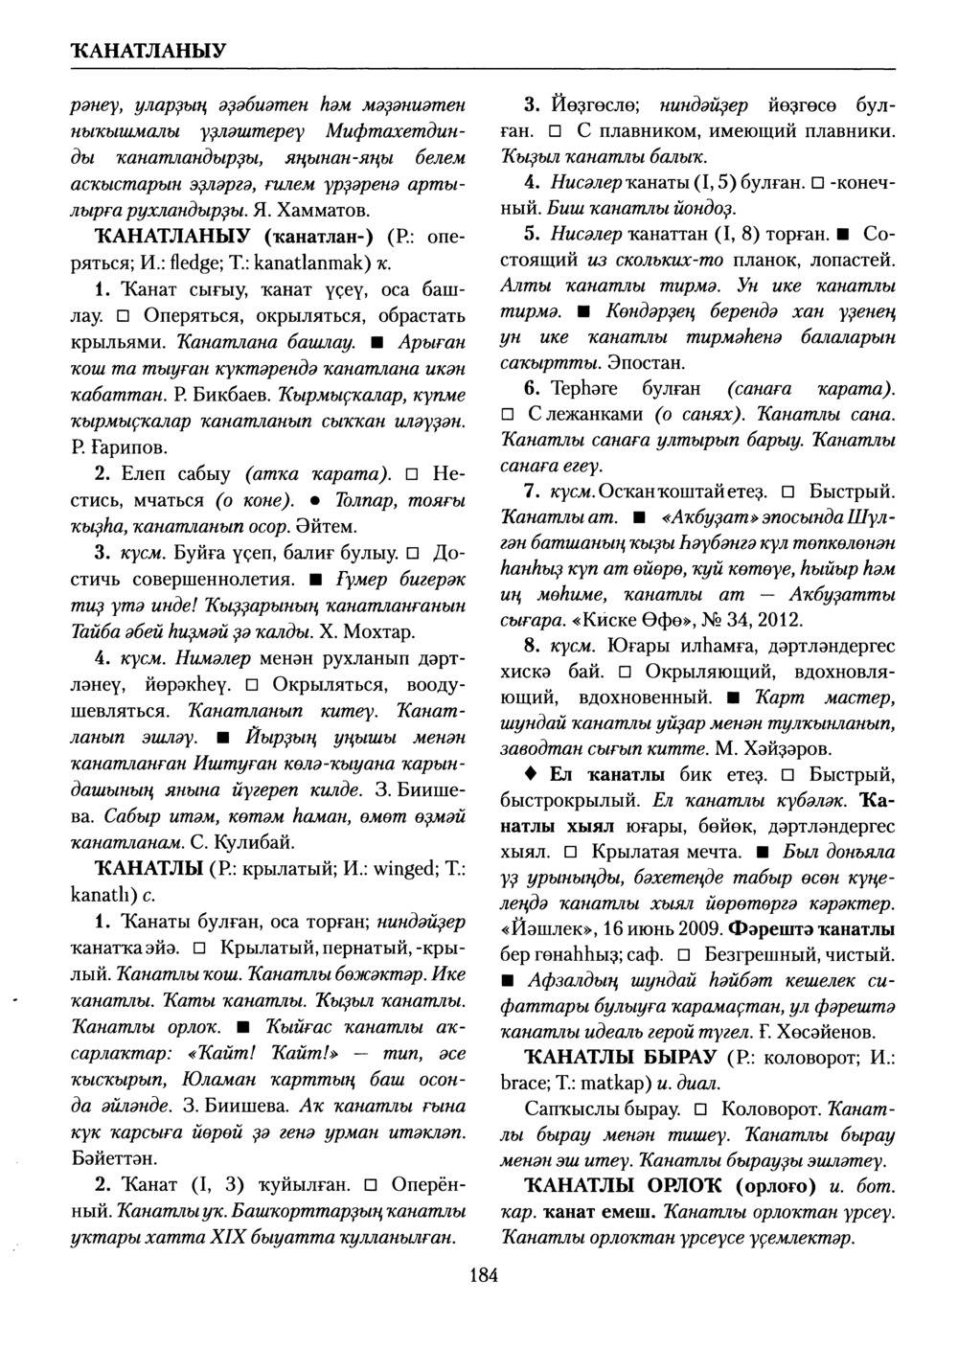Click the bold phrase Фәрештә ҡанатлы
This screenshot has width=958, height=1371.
(x=812, y=929)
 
